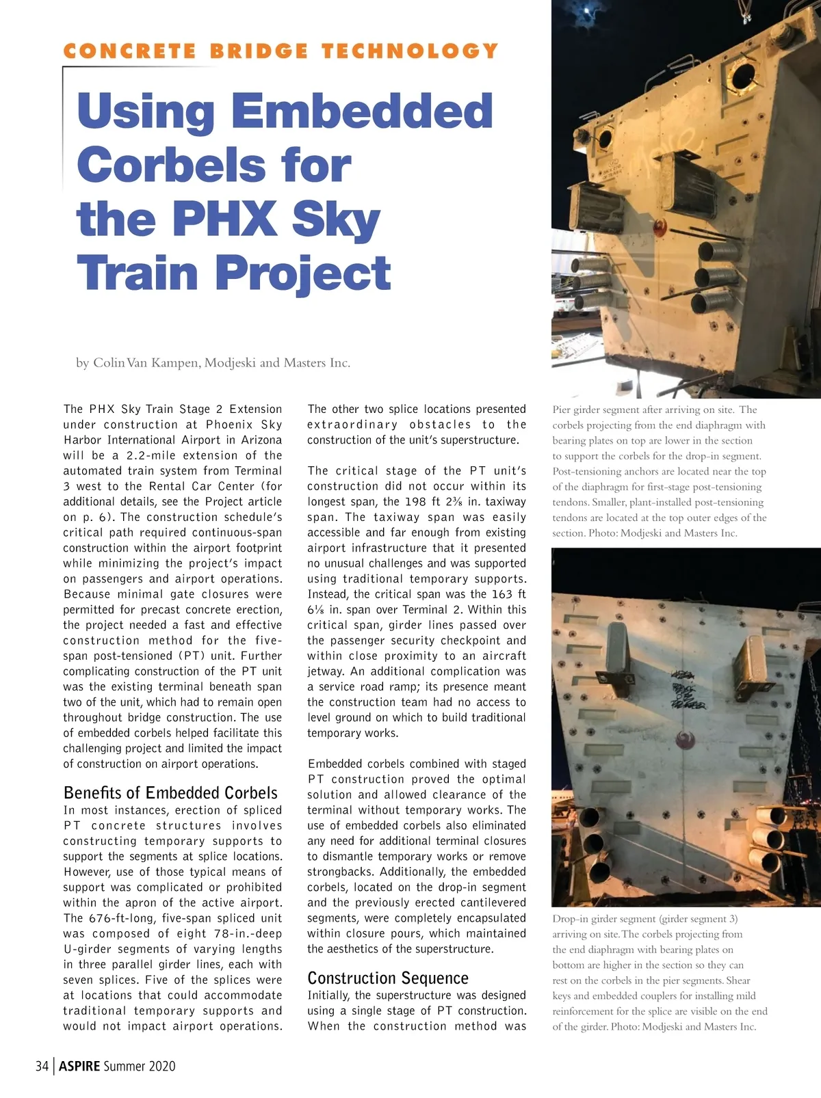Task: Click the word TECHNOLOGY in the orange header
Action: click(x=410, y=51)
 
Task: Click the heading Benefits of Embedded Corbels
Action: click(x=170, y=793)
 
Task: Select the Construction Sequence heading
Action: click(x=388, y=978)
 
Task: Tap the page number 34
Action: click(x=42, y=1066)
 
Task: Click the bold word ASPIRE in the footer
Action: click(x=79, y=1066)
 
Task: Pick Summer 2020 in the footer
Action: click(x=140, y=1066)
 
